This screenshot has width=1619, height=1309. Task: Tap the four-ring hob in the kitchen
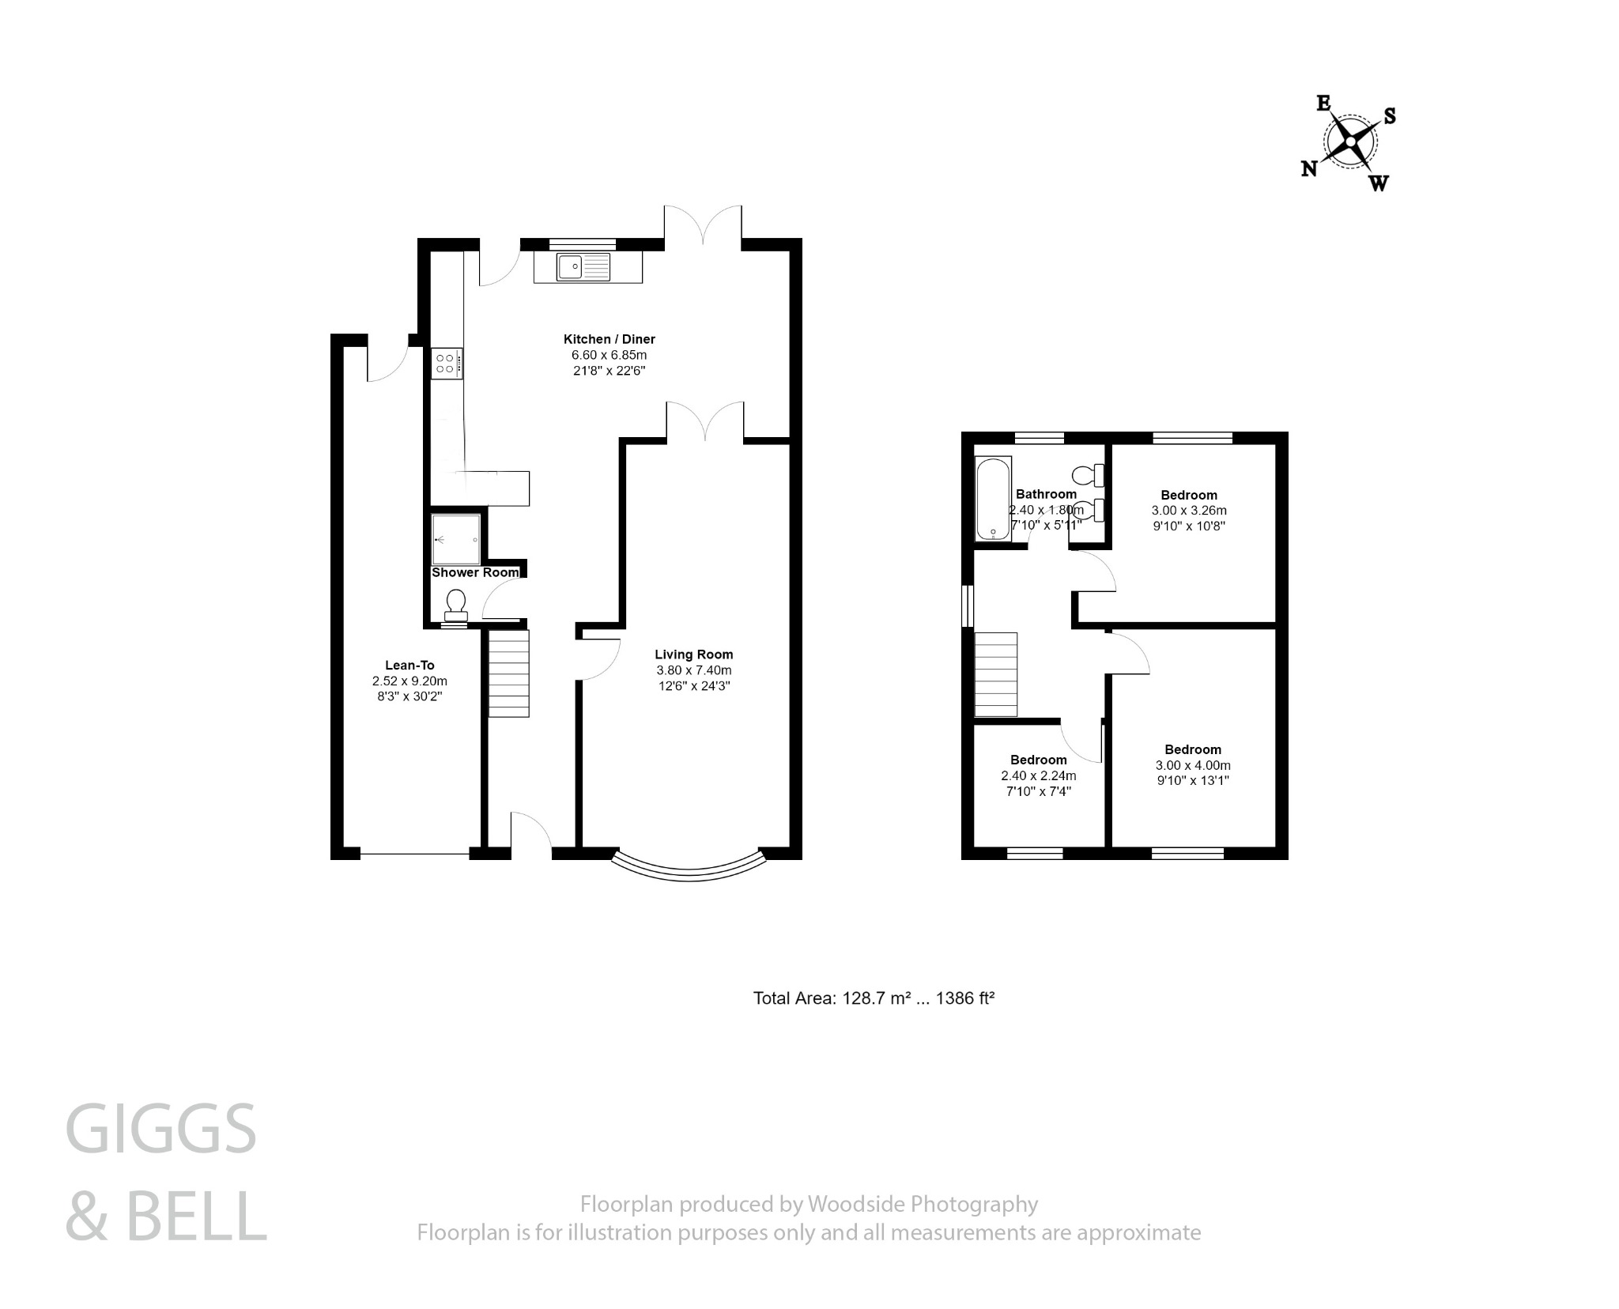[446, 364]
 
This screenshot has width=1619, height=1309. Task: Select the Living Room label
[693, 654]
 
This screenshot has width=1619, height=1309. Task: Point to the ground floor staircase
[508, 673]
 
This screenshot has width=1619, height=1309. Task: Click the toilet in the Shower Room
[455, 605]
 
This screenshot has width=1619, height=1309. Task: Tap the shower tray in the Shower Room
[456, 539]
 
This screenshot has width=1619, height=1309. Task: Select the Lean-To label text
[409, 665]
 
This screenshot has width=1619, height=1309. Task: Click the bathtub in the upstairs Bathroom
[993, 499]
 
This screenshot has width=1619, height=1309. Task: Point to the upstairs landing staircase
[995, 674]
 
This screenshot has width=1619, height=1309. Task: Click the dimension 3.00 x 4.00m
[1193, 765]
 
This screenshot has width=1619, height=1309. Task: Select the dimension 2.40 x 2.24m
[1038, 775]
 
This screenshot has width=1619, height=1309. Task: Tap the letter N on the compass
[1309, 168]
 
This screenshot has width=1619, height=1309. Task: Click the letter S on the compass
[1390, 116]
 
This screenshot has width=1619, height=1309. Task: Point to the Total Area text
[873, 998]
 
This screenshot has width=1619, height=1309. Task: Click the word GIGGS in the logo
[161, 1130]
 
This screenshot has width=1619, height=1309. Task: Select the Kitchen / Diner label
[609, 339]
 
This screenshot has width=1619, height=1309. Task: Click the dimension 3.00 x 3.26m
[1189, 511]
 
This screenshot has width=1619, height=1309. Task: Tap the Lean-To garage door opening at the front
[415, 854]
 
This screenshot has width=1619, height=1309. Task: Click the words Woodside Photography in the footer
[922, 1204]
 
